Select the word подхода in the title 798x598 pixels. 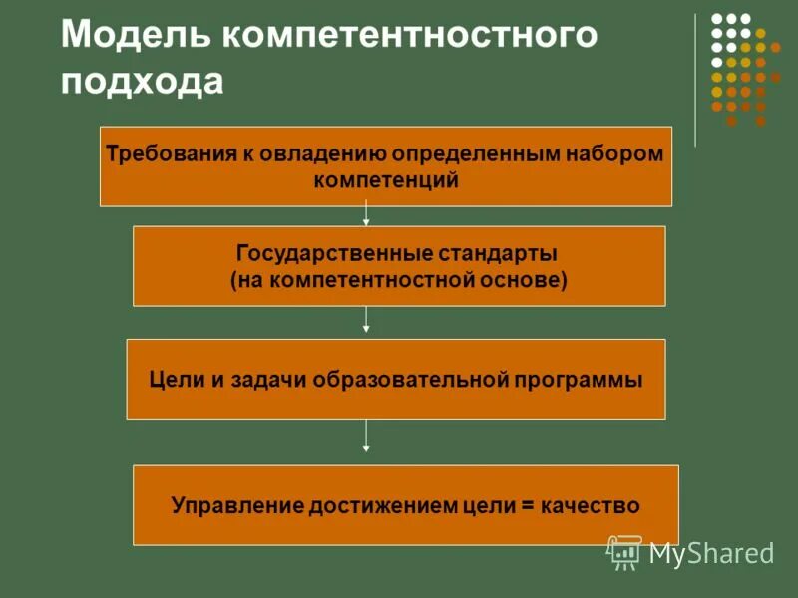[142, 80]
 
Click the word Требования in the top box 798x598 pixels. [166, 155]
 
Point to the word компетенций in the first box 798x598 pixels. [386, 181]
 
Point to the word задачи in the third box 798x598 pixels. [268, 380]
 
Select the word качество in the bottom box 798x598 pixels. [590, 506]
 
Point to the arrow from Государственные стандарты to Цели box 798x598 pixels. [367, 319]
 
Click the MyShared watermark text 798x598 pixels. [711, 553]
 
